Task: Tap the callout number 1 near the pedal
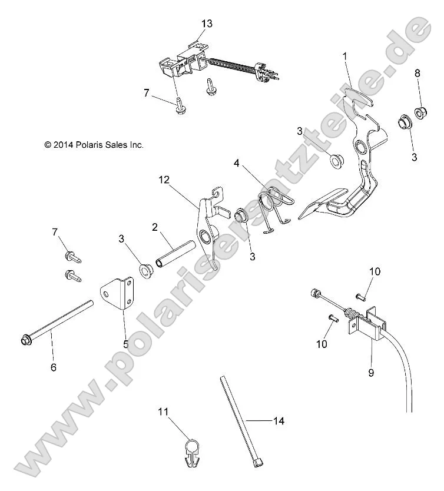click(x=346, y=56)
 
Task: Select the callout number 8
click(x=418, y=74)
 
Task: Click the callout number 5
click(x=125, y=344)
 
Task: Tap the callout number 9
click(x=370, y=373)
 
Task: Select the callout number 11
click(x=163, y=413)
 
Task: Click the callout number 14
click(x=278, y=421)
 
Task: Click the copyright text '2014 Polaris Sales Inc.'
click(x=94, y=144)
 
